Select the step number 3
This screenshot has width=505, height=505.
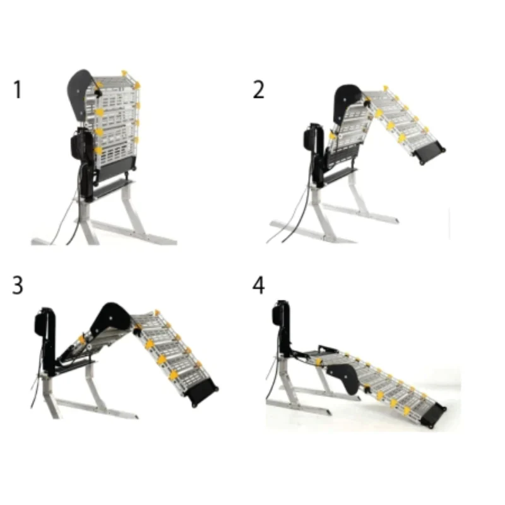coord(18,285)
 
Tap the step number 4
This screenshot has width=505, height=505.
coord(259,285)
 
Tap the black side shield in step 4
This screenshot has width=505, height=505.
coord(344,377)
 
